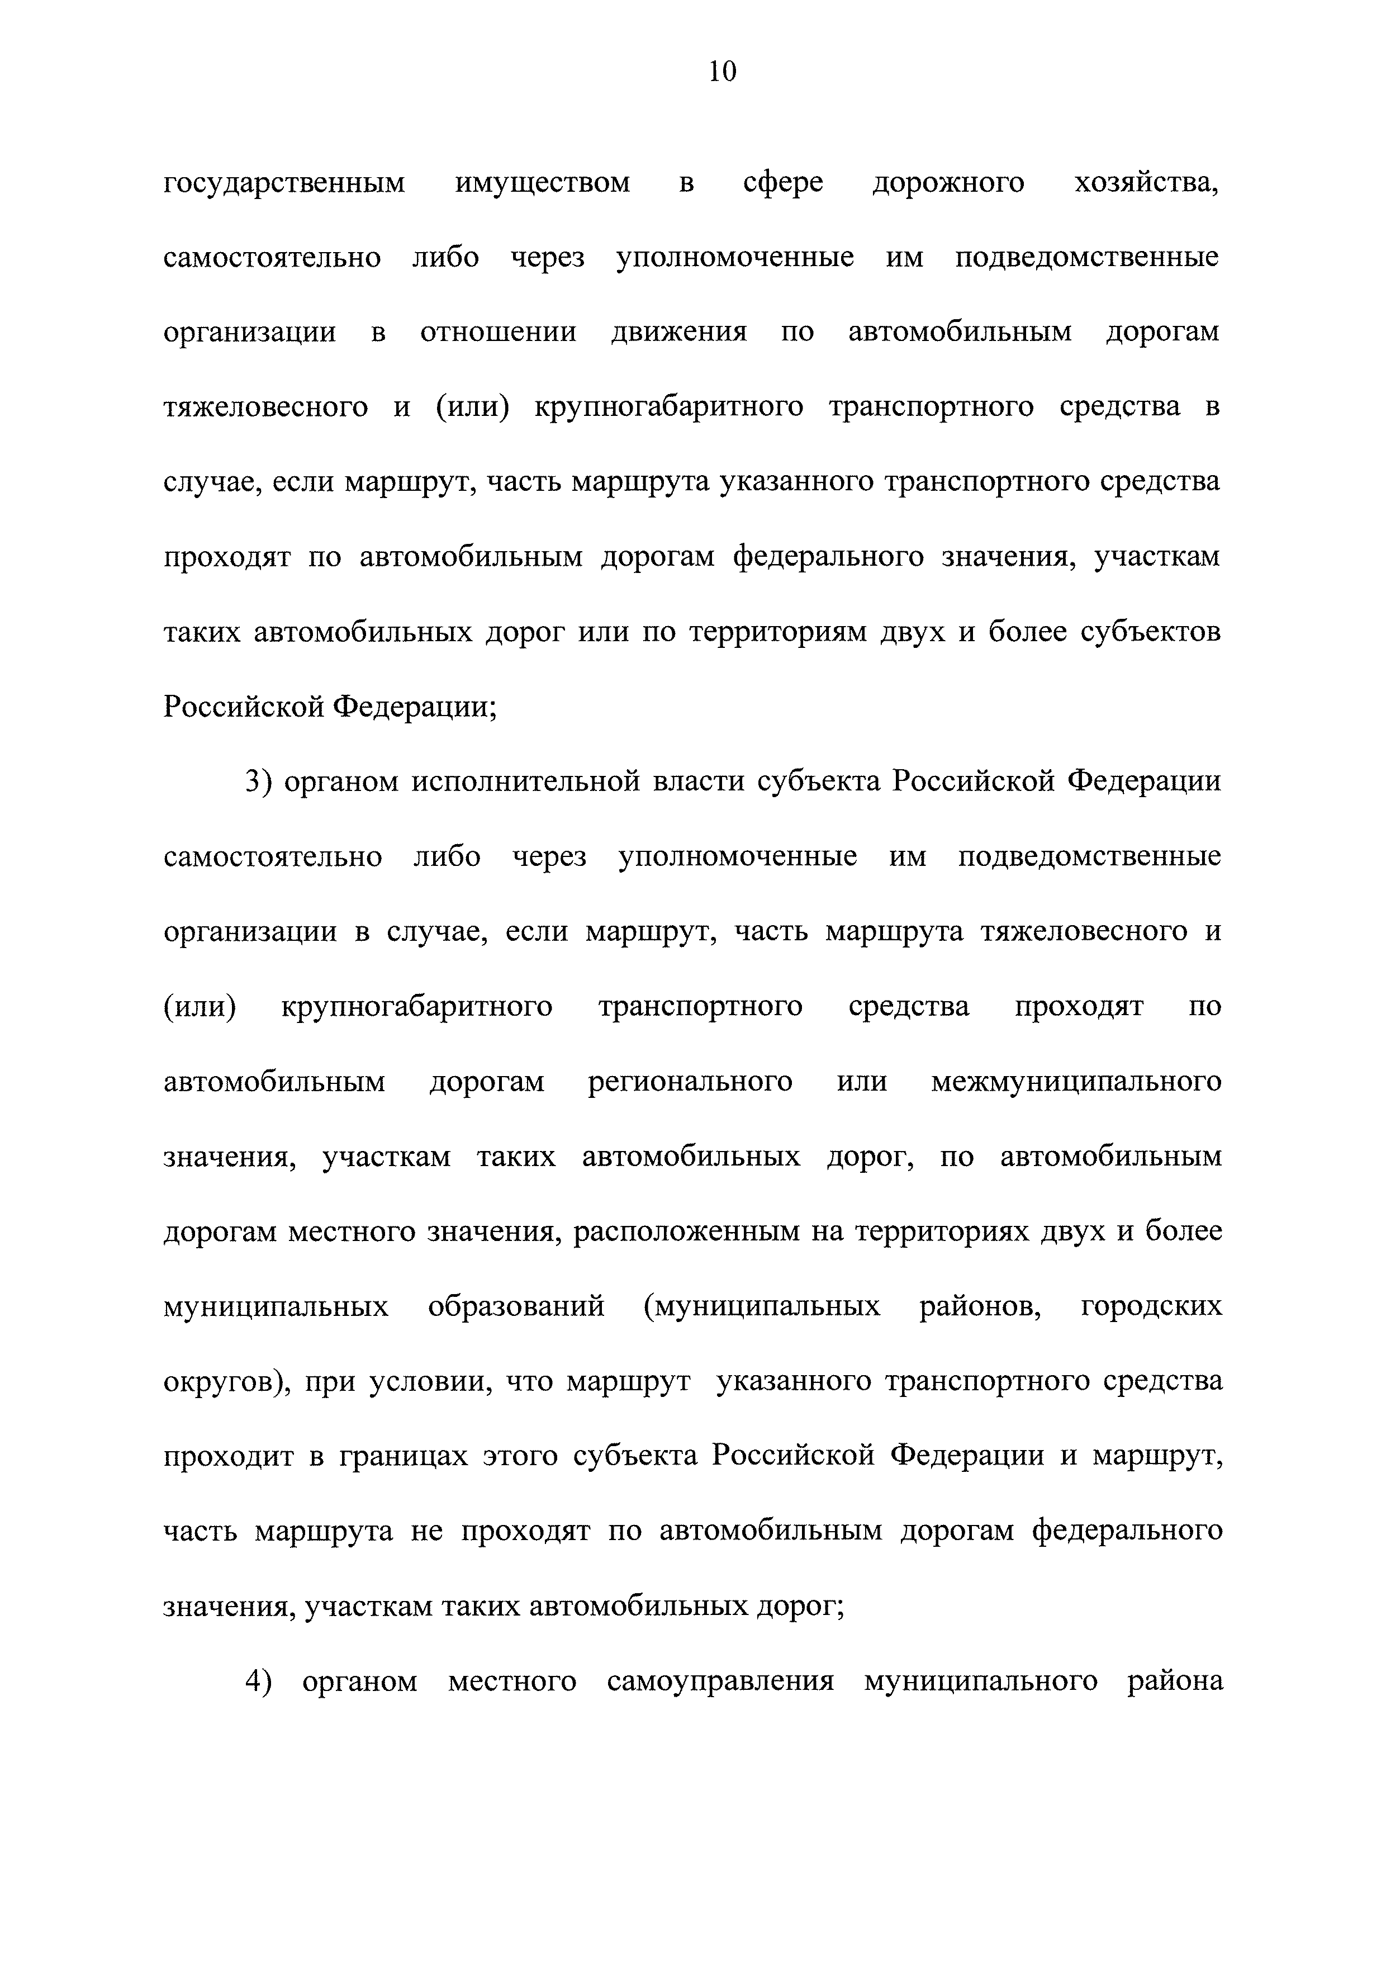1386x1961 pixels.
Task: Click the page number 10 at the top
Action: pos(722,72)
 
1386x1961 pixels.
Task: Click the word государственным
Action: pos(284,183)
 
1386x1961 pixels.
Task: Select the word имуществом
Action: pos(543,183)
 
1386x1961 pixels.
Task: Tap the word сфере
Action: pos(783,183)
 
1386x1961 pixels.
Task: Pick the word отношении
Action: pos(498,332)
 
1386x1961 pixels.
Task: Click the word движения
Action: pos(679,332)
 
